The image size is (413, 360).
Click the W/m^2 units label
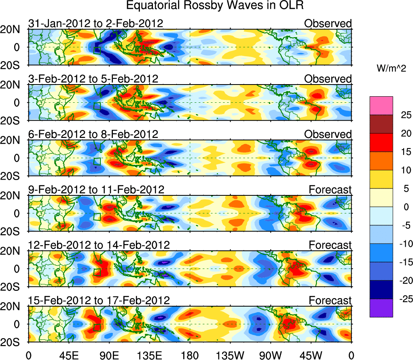click(391, 69)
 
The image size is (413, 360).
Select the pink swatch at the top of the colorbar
click(381, 106)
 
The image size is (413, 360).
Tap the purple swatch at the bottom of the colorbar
click(381, 308)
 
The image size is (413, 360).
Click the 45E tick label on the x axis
click(68, 355)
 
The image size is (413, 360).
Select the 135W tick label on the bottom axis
click(230, 355)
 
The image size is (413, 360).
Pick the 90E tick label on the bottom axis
click(109, 355)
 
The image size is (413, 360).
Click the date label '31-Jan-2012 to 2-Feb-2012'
click(96, 23)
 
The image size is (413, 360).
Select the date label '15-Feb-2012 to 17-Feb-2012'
click(99, 300)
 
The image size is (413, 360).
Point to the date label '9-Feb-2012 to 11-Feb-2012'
click(96, 189)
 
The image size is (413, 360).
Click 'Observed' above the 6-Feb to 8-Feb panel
click(328, 134)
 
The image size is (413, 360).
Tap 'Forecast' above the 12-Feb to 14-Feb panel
click(330, 245)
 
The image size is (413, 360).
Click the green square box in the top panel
click(97, 50)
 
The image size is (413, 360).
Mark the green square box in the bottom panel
click(97, 327)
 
